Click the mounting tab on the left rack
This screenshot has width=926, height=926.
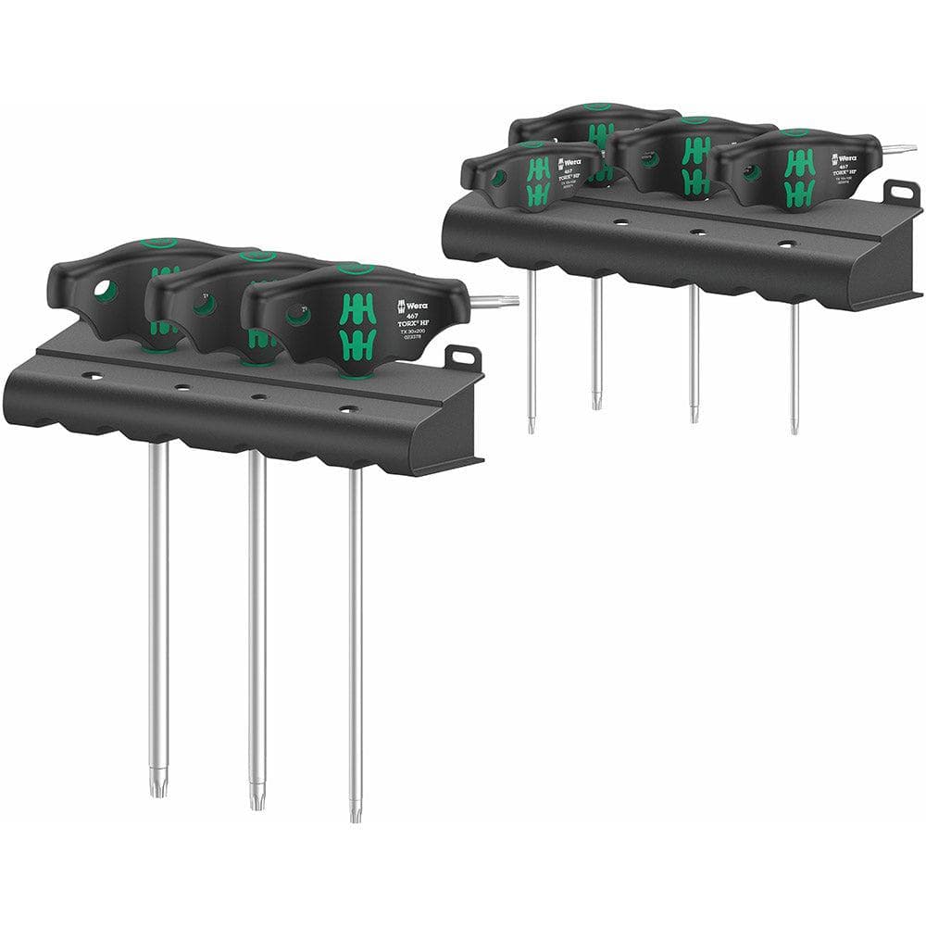(x=463, y=357)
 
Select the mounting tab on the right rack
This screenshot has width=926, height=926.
(x=900, y=194)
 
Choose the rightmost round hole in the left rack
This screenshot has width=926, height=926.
(x=347, y=408)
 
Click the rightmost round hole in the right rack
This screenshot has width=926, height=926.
(x=786, y=245)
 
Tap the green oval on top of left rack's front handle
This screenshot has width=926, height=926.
(x=355, y=268)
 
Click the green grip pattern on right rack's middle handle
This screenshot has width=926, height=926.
(x=694, y=167)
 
